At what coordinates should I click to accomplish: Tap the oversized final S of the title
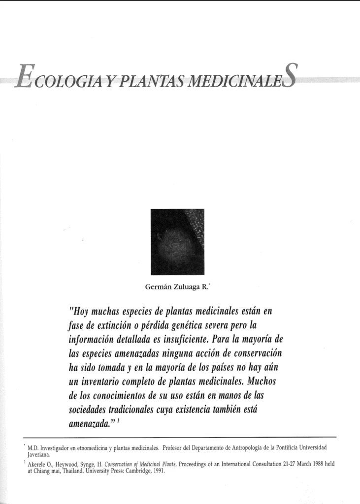[290, 76]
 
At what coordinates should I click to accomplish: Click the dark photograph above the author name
[177, 242]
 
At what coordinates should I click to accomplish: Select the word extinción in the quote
[111, 326]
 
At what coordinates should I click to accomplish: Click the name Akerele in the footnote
[40, 464]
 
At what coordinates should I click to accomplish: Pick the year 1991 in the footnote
[156, 471]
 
